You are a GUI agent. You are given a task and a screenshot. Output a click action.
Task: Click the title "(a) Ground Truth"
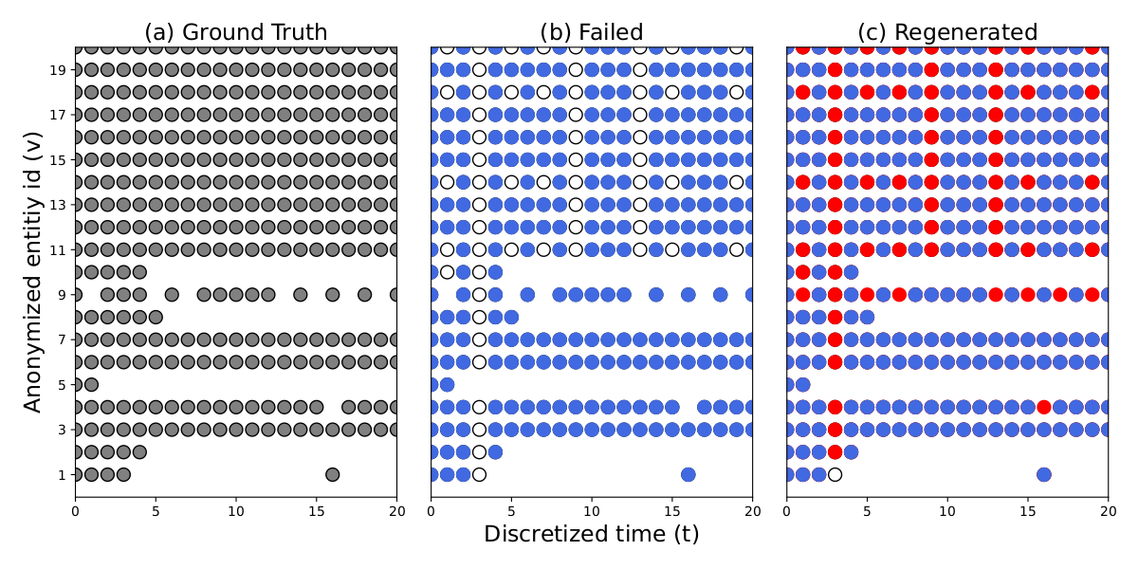235,32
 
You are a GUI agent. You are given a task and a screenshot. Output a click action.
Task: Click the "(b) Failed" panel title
591,32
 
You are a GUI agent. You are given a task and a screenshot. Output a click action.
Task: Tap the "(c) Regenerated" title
946,32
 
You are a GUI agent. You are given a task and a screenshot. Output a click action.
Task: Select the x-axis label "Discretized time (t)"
591,534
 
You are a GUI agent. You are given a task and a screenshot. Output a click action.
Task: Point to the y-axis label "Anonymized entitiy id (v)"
33,271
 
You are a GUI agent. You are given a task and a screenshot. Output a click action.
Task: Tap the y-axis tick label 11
59,249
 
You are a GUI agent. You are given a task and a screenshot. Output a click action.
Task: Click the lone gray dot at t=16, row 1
332,474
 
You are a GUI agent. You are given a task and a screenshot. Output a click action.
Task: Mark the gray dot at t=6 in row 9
172,294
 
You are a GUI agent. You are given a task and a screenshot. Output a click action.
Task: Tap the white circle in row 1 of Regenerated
835,474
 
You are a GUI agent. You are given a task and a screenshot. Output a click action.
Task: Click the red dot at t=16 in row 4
1044,407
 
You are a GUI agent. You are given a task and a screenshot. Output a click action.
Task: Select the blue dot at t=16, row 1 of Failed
688,474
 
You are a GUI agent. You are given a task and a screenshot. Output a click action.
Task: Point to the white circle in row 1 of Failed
479,474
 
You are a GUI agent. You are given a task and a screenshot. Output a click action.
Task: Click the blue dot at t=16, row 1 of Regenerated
1044,474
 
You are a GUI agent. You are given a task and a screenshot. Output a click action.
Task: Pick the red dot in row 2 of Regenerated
835,451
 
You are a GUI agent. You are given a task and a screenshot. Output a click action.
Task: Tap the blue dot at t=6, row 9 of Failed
527,294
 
